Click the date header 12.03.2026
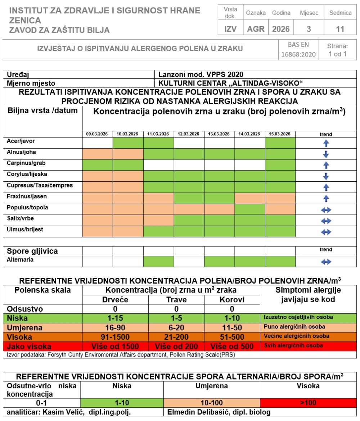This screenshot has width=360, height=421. (x=189, y=134)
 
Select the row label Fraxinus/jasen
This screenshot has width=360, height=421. (x=27, y=196)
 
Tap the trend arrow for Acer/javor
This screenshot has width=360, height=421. (x=326, y=143)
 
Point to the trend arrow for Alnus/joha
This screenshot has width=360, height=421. (x=326, y=154)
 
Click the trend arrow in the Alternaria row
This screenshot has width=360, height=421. (x=326, y=262)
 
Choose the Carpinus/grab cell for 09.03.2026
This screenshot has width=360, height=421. (x=98, y=165)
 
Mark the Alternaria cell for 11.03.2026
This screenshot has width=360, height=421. (x=158, y=262)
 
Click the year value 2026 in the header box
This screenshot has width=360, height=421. (x=281, y=29)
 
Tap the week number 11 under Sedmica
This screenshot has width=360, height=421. (x=340, y=29)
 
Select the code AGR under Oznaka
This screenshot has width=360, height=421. (x=256, y=29)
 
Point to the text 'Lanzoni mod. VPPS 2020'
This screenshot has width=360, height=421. (x=201, y=74)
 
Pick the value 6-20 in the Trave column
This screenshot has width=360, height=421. (x=176, y=327)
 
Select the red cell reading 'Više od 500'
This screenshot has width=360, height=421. (x=232, y=347)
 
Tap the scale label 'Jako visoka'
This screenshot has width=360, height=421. (x=29, y=347)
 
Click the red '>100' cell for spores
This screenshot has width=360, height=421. (x=308, y=403)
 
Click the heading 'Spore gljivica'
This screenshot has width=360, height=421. (x=32, y=251)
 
